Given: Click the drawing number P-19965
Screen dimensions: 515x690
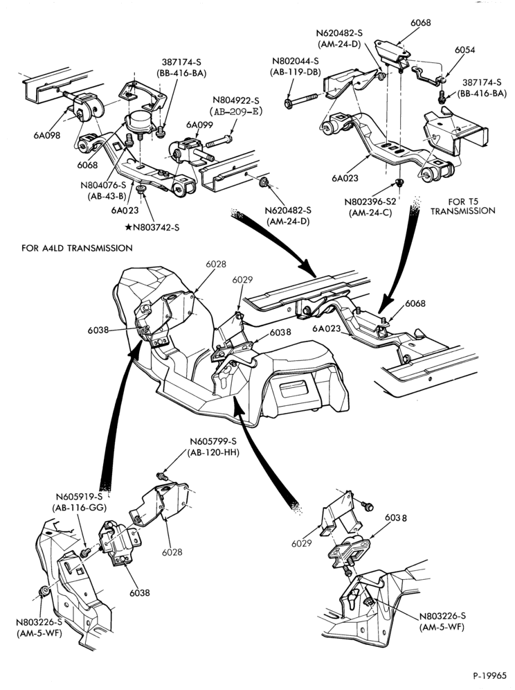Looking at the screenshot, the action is click(x=489, y=675).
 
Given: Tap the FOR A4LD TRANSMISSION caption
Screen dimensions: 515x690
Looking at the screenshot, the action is click(x=77, y=248).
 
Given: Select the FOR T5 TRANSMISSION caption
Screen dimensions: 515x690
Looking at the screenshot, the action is click(x=462, y=206).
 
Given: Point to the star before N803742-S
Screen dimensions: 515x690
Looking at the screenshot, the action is click(x=128, y=227).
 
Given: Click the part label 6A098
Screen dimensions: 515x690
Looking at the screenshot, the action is click(x=46, y=135).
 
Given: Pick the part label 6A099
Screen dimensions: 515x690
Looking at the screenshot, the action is click(x=199, y=125).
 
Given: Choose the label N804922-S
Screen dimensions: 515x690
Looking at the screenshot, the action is click(x=236, y=100).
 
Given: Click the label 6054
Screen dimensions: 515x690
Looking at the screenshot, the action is click(x=465, y=50).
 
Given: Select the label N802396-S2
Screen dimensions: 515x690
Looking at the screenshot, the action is click(x=370, y=203).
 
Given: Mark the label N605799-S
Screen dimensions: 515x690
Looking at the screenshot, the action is click(x=213, y=441).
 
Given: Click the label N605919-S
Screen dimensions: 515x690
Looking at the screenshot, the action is click(x=79, y=497).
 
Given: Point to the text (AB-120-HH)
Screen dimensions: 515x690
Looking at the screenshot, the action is click(x=213, y=452).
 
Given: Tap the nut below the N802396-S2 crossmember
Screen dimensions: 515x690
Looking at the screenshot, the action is click(x=399, y=182).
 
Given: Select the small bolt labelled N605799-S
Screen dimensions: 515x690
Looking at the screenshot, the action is click(x=162, y=476).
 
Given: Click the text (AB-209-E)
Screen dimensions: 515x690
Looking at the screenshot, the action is click(x=236, y=112).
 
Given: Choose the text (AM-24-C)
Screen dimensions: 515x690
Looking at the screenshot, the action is click(x=370, y=213).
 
